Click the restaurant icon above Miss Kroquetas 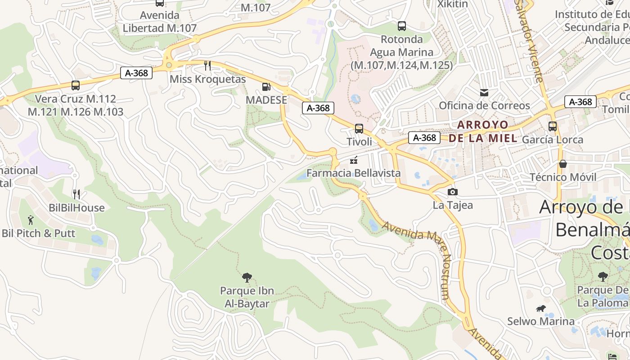[x=207, y=66]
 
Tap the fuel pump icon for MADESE [x=266, y=87]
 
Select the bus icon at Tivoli [x=359, y=129]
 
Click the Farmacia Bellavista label [x=353, y=173]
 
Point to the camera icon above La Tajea [x=453, y=192]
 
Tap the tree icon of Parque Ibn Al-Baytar [x=247, y=277]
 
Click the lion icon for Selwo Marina [x=541, y=308]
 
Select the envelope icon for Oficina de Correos [x=484, y=93]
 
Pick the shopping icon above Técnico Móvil [x=562, y=164]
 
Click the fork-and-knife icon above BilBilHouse [x=76, y=194]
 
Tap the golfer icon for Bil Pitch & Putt [x=31, y=220]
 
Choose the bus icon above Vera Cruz [x=76, y=85]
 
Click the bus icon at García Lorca [x=553, y=126]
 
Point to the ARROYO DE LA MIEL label [x=483, y=131]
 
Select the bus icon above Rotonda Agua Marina [x=402, y=26]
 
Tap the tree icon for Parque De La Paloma [x=603, y=276]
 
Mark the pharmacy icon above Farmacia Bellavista [x=354, y=160]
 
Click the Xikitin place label [x=453, y=4]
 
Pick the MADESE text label [x=266, y=100]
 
